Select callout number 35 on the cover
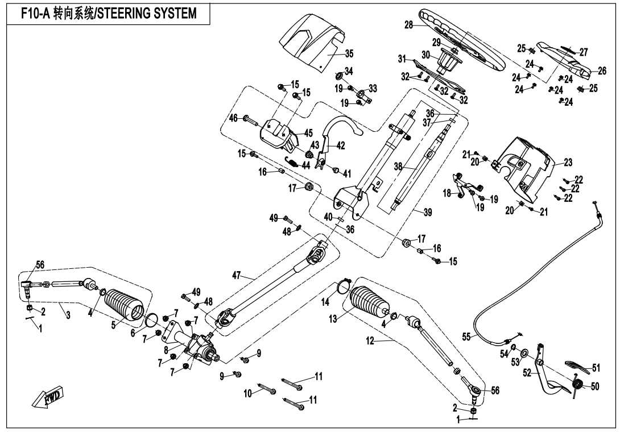tap(349, 54)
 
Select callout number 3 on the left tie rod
tap(68, 314)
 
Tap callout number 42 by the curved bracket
tap(341, 145)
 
